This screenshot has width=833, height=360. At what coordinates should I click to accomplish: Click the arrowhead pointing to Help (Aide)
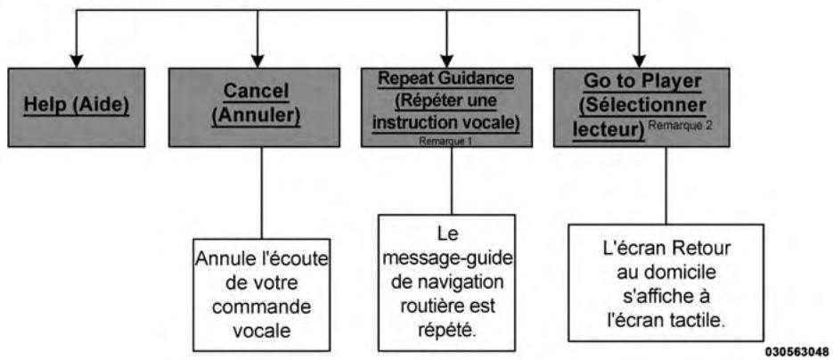(x=78, y=60)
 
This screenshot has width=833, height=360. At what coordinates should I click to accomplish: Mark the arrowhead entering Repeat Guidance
(x=449, y=60)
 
